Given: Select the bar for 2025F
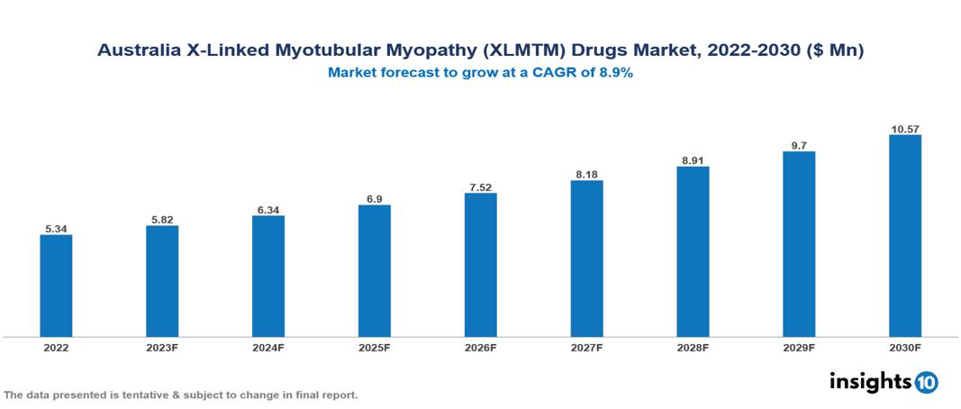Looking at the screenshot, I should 374,270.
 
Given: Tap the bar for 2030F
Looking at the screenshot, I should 904,235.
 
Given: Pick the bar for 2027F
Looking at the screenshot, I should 586,259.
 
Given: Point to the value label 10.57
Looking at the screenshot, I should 904,129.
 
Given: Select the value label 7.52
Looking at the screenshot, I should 480,186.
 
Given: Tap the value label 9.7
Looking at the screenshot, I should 799,144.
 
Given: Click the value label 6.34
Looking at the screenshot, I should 268,209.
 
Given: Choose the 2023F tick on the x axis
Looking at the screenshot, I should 162,347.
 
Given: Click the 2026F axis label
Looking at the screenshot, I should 480,347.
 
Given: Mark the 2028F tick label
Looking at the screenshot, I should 693,347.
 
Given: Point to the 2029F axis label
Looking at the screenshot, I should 799,347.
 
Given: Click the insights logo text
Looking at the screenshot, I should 870,381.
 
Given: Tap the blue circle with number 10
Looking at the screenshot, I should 926,383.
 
